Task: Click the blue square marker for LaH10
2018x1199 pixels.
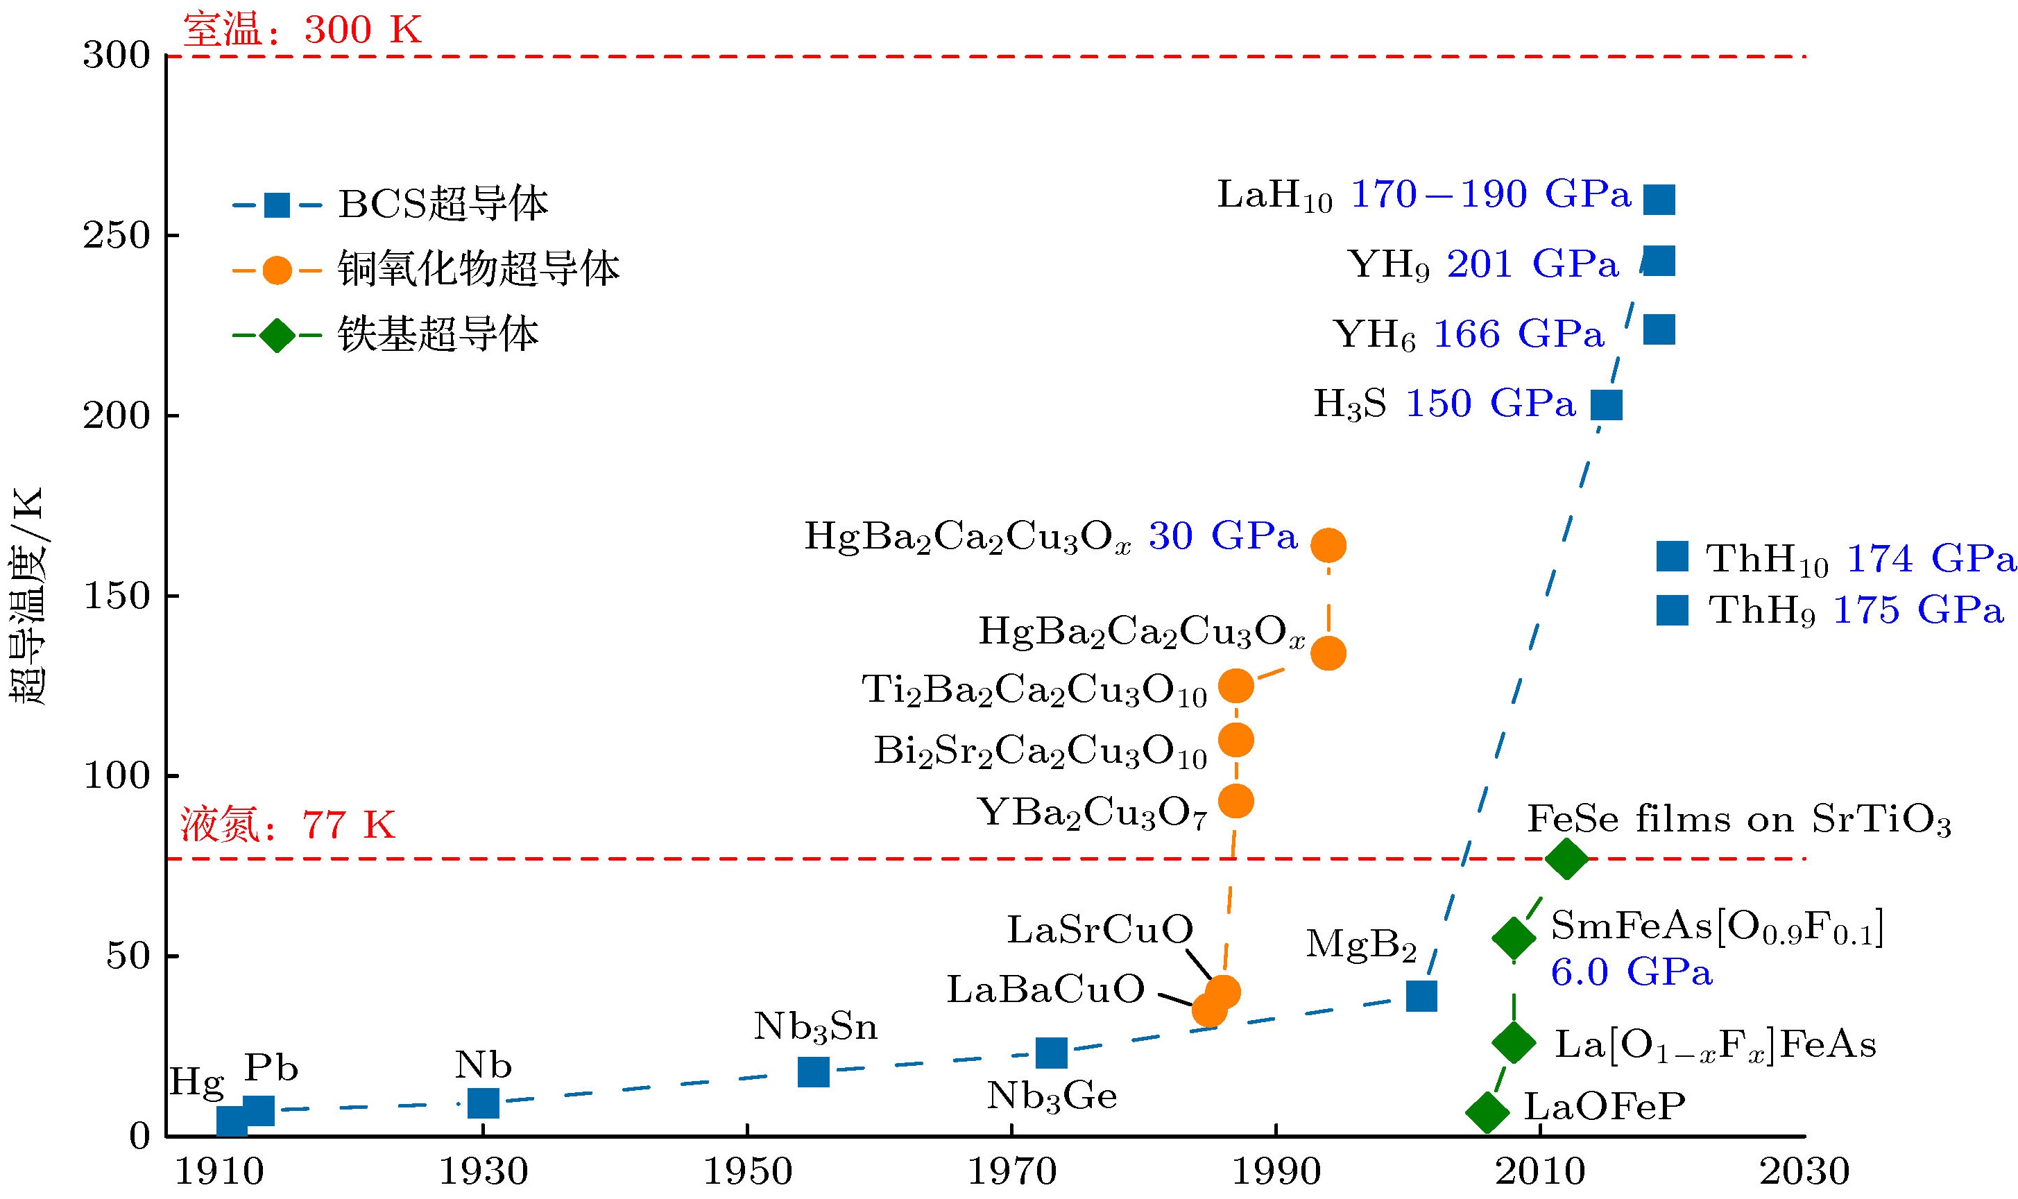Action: tap(1659, 199)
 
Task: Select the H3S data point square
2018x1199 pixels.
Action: tap(1606, 405)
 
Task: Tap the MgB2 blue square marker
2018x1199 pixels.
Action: tap(1421, 997)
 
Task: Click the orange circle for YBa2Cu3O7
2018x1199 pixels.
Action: tap(1235, 802)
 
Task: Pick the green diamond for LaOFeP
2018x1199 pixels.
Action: tap(1487, 1112)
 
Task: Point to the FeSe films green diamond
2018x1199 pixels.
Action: tap(1566, 858)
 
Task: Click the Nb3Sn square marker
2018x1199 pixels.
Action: tap(813, 1071)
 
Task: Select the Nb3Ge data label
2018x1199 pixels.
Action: tap(1052, 1096)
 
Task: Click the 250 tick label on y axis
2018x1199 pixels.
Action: tap(117, 236)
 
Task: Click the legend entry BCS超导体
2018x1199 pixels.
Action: tap(443, 204)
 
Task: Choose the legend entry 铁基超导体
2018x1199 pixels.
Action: tap(437, 334)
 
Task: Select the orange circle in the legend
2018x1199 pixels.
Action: tap(276, 270)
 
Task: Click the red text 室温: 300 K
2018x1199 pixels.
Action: tap(302, 30)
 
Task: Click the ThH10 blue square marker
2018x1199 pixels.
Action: tap(1672, 557)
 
